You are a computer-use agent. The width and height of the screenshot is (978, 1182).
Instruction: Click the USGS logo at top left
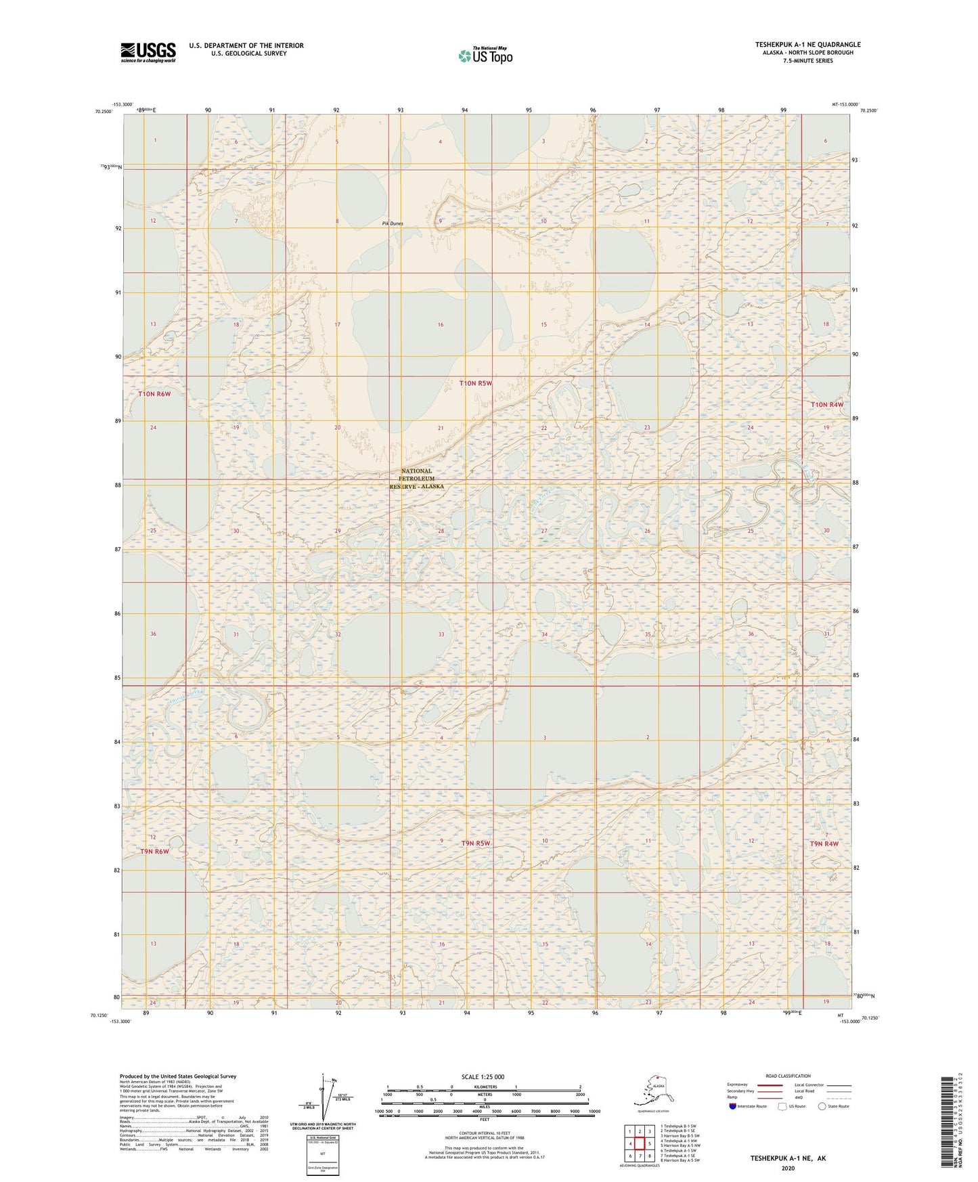pos(148,52)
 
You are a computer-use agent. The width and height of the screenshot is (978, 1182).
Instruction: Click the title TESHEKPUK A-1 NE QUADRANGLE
pos(807,45)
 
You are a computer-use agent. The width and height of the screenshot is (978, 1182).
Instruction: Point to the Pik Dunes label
pos(392,223)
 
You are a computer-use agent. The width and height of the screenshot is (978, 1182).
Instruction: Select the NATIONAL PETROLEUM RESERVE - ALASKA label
pos(416,479)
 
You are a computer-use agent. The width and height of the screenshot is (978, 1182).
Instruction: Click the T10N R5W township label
pos(476,383)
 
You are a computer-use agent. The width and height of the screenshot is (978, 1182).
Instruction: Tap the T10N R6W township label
pos(154,393)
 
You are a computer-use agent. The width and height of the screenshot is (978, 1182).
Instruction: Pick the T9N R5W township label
pos(475,843)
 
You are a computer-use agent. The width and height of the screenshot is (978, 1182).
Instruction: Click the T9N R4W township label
pos(824,844)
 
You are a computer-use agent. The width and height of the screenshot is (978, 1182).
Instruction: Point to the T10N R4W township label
pos(827,404)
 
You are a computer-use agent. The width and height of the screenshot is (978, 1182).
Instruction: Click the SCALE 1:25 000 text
pos(483,1076)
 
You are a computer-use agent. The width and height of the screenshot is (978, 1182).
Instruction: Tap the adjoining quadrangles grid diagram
pos(639,1143)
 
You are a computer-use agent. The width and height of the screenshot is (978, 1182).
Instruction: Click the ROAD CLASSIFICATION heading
pos(788,1076)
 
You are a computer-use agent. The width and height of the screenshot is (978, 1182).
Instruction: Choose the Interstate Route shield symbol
pos(733,1106)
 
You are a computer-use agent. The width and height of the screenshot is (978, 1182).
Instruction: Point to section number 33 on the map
pos(441,634)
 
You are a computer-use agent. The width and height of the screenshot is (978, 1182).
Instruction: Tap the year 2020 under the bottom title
pos(788,1168)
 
